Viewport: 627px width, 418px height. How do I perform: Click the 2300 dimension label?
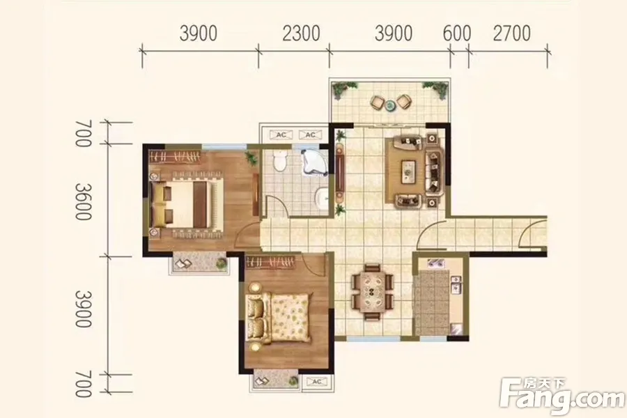click(x=301, y=33)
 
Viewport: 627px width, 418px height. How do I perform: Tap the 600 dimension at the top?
click(x=456, y=33)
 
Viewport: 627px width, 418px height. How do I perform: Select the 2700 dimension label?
click(x=511, y=33)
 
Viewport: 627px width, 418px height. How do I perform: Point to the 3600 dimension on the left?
click(x=84, y=202)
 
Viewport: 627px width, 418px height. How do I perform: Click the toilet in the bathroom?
click(x=281, y=162)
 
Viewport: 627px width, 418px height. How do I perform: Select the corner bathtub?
click(x=315, y=162)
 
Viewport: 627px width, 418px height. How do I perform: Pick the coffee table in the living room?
click(x=408, y=171)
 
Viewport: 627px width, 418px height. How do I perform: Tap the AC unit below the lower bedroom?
click(x=317, y=382)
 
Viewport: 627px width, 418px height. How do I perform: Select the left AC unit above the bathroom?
click(x=281, y=134)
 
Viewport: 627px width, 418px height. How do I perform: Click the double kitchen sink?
click(x=456, y=285)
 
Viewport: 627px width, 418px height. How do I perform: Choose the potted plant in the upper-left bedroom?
click(x=251, y=157)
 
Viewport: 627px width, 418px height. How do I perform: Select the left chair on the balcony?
click(x=378, y=102)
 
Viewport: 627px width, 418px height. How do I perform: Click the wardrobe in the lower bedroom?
click(x=270, y=263)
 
